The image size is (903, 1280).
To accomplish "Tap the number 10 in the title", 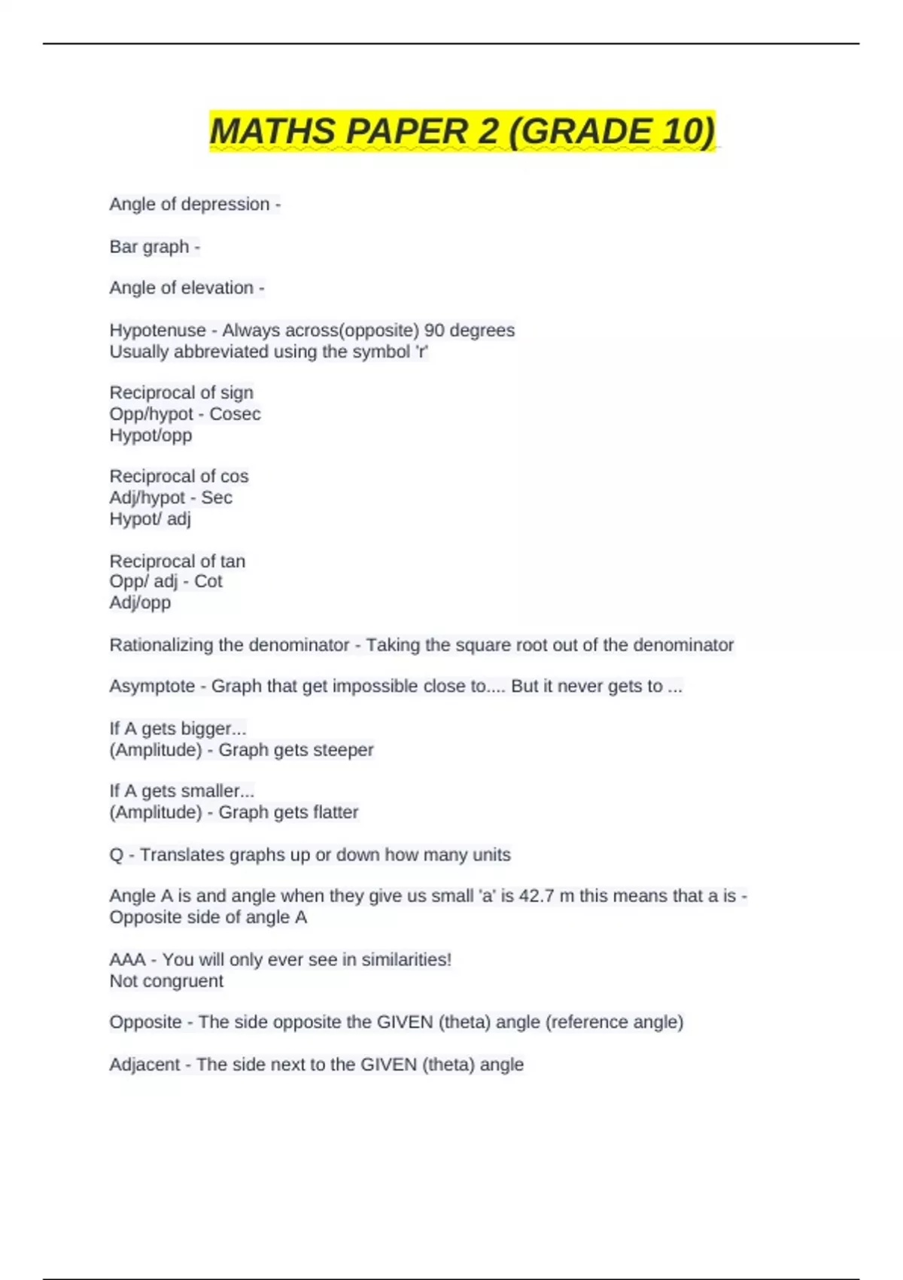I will tap(685, 132).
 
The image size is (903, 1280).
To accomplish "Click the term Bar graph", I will tap(149, 247).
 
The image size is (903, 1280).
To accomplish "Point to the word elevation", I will tap(216, 288).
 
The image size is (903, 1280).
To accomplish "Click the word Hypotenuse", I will tap(157, 331).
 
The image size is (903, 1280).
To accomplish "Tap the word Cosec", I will tap(235, 414).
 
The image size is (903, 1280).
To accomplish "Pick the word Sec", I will tap(217, 498).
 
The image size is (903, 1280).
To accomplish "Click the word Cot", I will tap(208, 581).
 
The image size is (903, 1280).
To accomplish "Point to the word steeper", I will tap(344, 750).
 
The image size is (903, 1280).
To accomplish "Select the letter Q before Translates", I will tap(116, 855).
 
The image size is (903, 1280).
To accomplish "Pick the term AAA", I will tap(127, 960).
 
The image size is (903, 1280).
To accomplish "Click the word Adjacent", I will tap(144, 1065).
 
